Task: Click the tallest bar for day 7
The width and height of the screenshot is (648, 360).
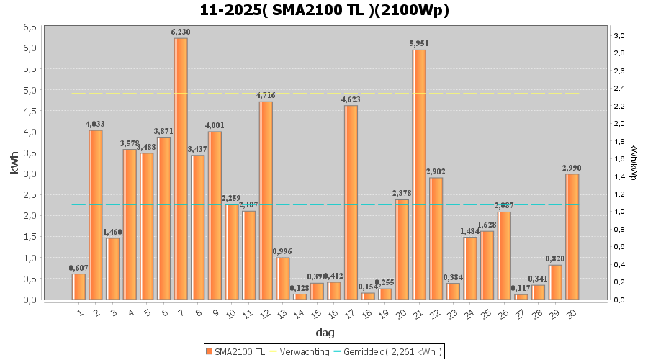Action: (181, 168)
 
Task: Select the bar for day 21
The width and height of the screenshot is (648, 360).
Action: (419, 174)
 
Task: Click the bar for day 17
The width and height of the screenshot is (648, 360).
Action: (351, 202)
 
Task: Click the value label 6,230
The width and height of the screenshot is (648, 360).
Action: (181, 32)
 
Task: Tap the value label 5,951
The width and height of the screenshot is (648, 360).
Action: (419, 44)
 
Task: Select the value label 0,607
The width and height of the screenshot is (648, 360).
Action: (78, 268)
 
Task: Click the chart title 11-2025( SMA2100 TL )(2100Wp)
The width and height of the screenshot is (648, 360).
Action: (324, 10)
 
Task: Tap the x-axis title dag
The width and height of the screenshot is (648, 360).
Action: (324, 333)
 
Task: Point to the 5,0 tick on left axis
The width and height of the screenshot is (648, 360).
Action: (30, 90)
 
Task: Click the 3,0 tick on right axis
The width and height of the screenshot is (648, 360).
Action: (618, 35)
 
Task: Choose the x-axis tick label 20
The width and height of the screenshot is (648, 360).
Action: (400, 314)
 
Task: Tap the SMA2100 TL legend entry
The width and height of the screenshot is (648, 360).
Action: (235, 351)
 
